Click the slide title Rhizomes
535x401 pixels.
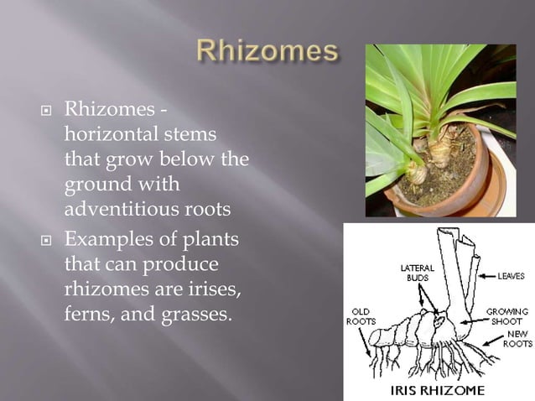click(267, 53)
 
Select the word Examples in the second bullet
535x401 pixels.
click(106, 240)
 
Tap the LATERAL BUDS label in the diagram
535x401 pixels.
click(418, 273)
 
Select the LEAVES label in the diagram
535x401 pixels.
click(512, 275)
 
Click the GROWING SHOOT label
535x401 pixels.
click(506, 316)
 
